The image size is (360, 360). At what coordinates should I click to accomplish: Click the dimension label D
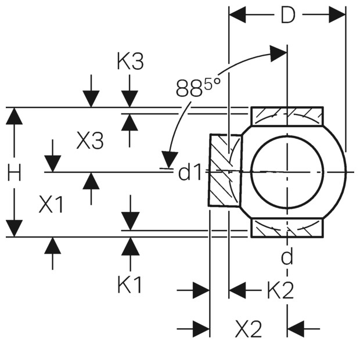288,15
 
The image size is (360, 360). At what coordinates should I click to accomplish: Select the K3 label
130,61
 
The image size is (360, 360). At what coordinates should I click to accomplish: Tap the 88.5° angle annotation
197,88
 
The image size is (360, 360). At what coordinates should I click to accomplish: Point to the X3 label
90,140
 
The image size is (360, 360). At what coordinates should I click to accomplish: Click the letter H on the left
15,172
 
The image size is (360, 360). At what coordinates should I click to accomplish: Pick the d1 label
190,172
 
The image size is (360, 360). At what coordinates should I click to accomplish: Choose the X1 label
51,204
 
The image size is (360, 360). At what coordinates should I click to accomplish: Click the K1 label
129,285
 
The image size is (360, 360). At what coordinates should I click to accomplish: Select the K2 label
280,290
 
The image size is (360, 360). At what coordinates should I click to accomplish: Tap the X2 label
249,329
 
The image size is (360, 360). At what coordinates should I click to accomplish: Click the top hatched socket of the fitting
287,116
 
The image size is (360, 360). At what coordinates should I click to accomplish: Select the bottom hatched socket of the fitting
287,228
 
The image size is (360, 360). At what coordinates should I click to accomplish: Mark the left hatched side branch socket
225,170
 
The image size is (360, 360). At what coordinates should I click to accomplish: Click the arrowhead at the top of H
15,116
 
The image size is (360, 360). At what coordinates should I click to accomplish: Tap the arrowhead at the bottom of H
15,228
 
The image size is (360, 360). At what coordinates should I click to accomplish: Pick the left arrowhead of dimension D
237,15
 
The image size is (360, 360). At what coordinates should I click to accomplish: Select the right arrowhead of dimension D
337,15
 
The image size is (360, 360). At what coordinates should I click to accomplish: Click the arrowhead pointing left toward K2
237,290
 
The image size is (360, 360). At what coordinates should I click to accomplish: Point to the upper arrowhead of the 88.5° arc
278,53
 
